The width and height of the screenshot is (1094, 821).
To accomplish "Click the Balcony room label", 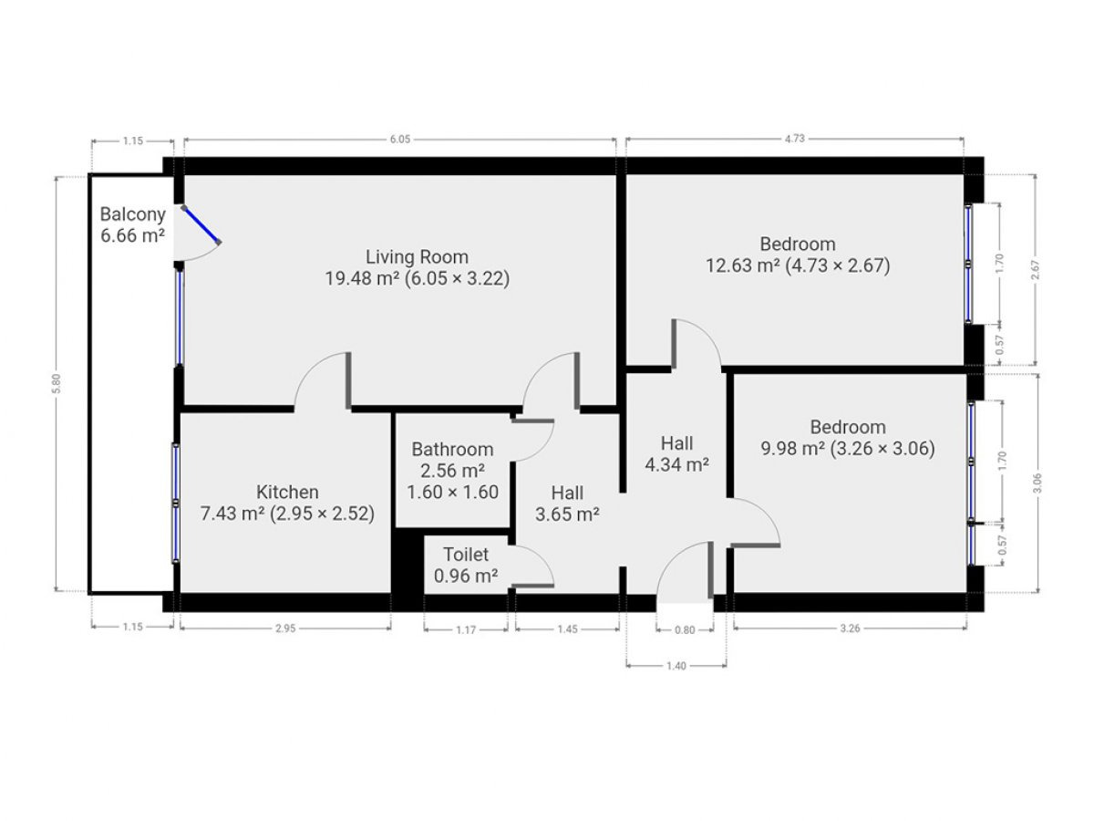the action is [132, 214].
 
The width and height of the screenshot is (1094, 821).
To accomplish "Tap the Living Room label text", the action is [418, 256].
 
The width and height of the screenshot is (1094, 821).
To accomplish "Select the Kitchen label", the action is [287, 492].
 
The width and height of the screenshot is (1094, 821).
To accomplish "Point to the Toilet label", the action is [466, 555].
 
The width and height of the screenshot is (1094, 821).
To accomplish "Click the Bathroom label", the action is [452, 449].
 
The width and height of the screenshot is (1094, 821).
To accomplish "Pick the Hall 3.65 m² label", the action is [567, 504].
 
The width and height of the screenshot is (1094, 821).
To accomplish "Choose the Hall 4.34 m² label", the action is [676, 453].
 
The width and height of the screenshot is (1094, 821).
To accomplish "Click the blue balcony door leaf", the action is [201, 224].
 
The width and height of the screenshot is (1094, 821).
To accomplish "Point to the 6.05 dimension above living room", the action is [399, 140].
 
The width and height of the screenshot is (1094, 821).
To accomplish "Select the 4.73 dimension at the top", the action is [794, 139].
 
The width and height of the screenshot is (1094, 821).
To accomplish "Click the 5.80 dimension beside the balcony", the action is [57, 383].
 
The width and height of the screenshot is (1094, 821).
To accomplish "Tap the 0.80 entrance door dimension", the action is [685, 630].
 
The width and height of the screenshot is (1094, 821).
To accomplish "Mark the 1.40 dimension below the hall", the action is [676, 666].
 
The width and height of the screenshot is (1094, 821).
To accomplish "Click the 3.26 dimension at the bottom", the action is [850, 629].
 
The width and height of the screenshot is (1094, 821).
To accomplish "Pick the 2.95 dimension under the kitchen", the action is [285, 629].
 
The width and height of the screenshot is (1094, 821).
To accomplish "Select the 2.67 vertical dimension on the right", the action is [1035, 269].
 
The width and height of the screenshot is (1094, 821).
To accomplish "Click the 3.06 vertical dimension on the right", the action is [1037, 483].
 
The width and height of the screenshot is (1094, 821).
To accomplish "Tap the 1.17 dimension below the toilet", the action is [466, 630].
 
